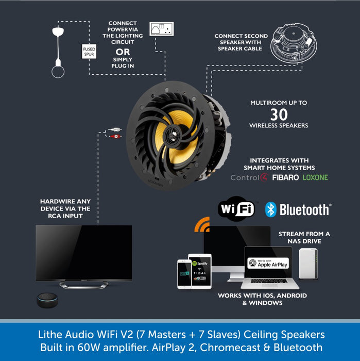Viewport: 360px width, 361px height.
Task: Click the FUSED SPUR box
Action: (89, 51)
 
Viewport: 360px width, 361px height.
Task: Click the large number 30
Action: (279, 114)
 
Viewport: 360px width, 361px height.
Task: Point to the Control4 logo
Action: (249, 178)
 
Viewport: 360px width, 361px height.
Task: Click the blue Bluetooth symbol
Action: (271, 209)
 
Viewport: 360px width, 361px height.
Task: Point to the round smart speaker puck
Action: (49, 300)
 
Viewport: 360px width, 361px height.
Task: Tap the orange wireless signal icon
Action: (201, 226)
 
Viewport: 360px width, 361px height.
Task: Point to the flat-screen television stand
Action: (83, 284)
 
